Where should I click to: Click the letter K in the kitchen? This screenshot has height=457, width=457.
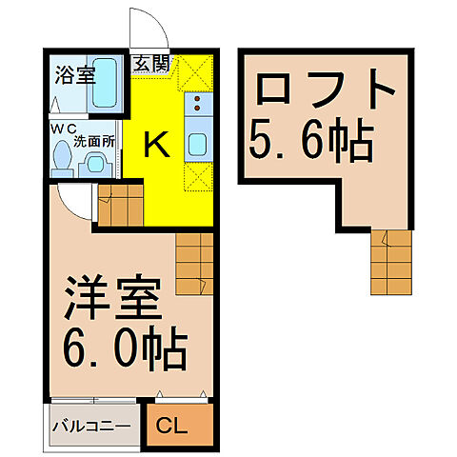(156, 144)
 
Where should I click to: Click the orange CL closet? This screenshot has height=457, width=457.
(175, 425)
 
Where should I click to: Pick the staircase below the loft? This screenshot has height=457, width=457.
(391, 262)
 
